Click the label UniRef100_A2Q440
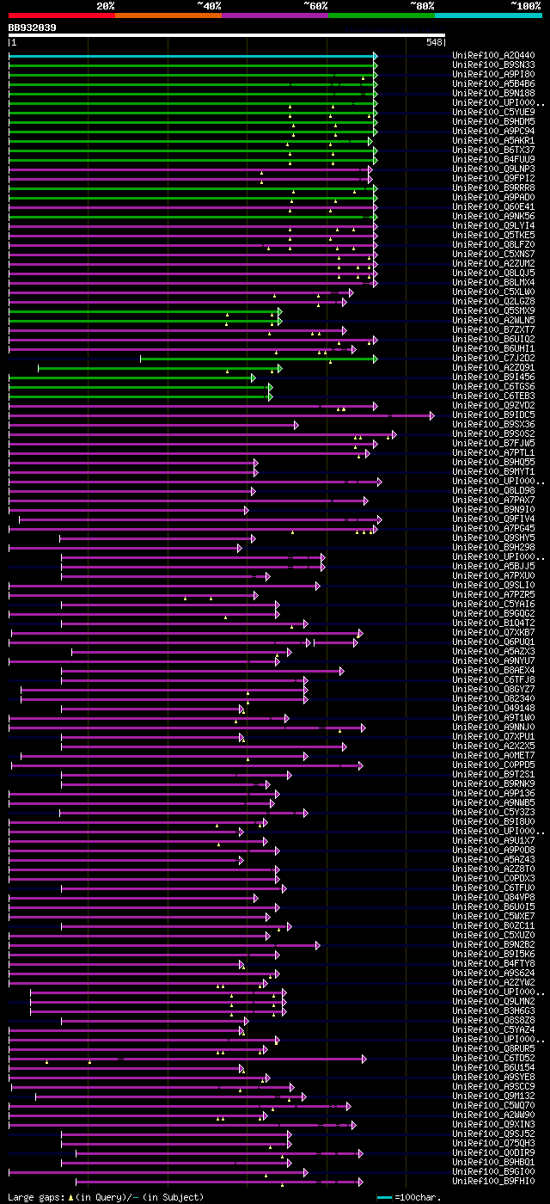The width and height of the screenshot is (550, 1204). coord(493,56)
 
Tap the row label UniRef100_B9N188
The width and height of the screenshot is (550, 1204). coord(493,94)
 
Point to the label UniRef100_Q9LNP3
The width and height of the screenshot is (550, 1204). coord(493,169)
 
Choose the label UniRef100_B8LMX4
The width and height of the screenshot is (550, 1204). coord(493,282)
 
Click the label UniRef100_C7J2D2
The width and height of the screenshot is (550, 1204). coord(493,358)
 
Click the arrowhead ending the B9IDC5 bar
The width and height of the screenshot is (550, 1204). coord(432,415)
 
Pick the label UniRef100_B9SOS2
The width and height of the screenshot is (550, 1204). coord(493,434)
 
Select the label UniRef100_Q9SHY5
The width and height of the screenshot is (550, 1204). coord(493,537)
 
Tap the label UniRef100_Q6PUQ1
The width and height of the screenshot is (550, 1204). coord(493,642)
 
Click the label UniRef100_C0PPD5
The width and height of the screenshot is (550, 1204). coord(493,765)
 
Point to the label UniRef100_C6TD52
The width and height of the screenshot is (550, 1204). coord(493,1058)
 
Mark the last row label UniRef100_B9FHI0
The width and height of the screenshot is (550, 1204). coord(493,1181)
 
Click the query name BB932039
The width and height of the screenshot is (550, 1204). coord(33,28)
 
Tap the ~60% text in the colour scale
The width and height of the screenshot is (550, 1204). coord(315,5)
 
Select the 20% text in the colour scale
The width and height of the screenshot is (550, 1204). coord(106,5)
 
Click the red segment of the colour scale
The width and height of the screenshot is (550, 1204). coord(61,15)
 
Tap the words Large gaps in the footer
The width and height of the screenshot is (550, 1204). coord(34,1197)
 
